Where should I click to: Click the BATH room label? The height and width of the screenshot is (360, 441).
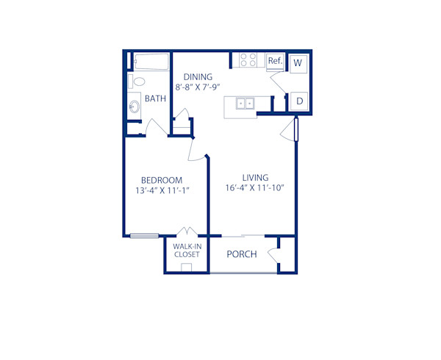(x=155, y=98)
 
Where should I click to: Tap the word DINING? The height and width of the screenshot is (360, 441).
(x=198, y=76)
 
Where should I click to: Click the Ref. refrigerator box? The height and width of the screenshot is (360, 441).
(x=276, y=60)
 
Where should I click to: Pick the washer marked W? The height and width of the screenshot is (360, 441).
(x=298, y=63)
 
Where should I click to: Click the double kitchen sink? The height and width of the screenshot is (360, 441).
(x=245, y=103)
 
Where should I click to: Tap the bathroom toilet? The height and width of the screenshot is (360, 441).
(x=137, y=81)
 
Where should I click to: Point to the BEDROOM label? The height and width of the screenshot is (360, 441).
(x=162, y=180)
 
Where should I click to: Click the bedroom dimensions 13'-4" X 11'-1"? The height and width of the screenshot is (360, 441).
(x=162, y=191)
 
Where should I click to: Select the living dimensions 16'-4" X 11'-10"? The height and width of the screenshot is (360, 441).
(x=254, y=188)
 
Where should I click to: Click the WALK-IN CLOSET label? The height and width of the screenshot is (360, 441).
(x=187, y=251)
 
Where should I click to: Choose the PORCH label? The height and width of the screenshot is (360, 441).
(x=241, y=254)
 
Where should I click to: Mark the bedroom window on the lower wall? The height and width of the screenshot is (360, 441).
(x=145, y=236)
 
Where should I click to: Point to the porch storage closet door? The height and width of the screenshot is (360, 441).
(x=273, y=255)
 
